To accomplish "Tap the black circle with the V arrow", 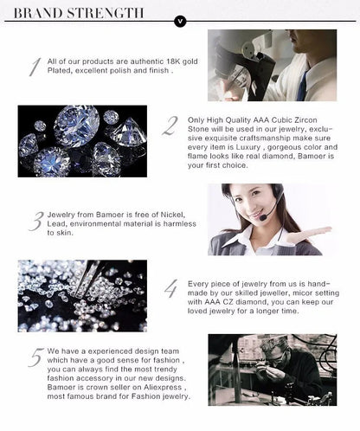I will point(180,20).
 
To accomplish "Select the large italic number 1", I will point(34,67).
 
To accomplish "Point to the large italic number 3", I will point(35,222).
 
